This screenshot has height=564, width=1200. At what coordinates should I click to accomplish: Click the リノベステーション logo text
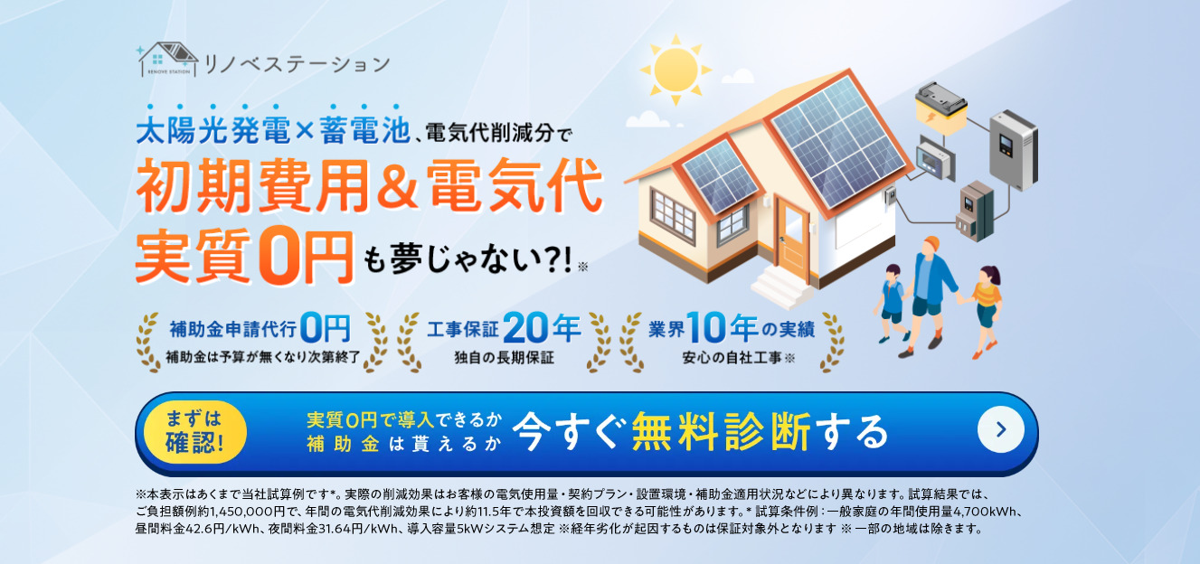pos(298,64)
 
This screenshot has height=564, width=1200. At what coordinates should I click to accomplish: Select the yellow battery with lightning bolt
pos(942,108)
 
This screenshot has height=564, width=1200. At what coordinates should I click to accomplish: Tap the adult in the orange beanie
pos(928,289)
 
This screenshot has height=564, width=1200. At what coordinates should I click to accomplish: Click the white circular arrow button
pos(1000,430)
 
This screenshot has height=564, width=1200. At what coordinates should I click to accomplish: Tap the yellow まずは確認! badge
pos(194,430)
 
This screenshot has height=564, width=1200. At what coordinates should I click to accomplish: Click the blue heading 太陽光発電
pos(213,134)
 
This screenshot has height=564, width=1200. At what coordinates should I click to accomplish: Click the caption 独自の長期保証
pos(504,357)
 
